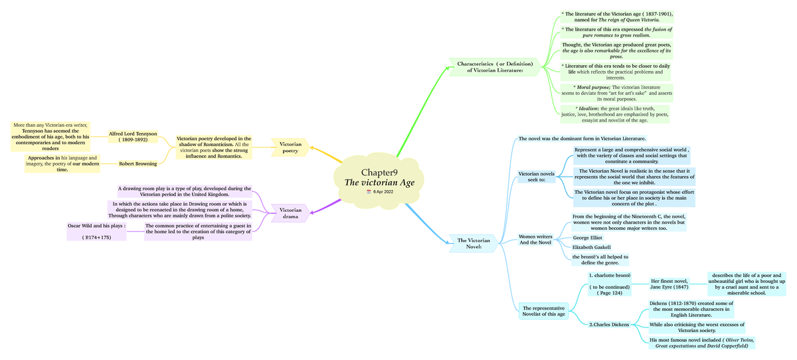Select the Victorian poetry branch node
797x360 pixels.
[290, 147]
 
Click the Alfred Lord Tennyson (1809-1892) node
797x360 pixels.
[133, 137]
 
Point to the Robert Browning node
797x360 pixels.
[138, 163]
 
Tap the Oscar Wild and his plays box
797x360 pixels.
[97, 230]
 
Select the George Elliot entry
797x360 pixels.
[588, 236]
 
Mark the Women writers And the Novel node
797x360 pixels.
[535, 239]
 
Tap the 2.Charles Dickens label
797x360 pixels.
[609, 325]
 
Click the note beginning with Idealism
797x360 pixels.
[614, 114]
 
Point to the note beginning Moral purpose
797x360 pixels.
[614, 92]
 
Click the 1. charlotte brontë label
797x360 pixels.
[609, 275]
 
